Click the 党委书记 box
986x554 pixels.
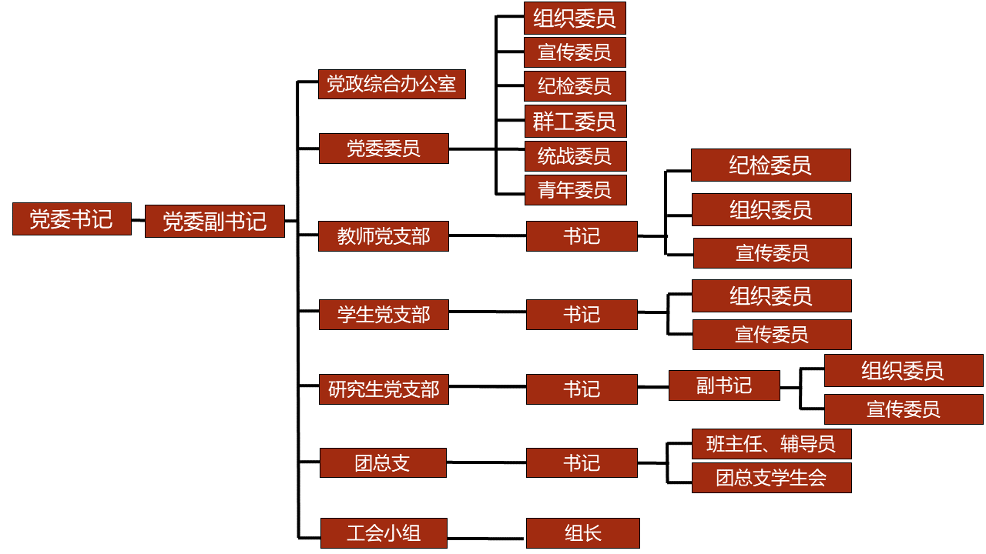pyautogui.click(x=72, y=219)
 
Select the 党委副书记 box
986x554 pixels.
pyautogui.click(x=215, y=222)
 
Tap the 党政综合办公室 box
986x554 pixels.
pyautogui.click(x=391, y=84)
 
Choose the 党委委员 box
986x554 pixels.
pyautogui.click(x=384, y=148)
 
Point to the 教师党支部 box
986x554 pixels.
pyautogui.click(x=384, y=236)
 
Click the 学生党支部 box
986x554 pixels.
pyautogui.click(x=384, y=315)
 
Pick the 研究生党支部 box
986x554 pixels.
pyautogui.click(x=384, y=389)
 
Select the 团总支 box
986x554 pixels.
pyautogui.click(x=383, y=463)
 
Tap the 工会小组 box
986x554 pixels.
pyautogui.click(x=384, y=532)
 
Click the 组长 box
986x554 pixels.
pyautogui.click(x=582, y=532)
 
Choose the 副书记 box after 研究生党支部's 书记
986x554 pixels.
pyautogui.click(x=724, y=385)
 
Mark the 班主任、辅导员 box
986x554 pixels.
pyautogui.click(x=771, y=444)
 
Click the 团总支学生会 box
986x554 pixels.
pyautogui.click(x=771, y=478)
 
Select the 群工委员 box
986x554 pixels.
pyautogui.click(x=575, y=122)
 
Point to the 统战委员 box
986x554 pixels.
pyautogui.click(x=575, y=156)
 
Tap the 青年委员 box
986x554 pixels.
pyautogui.click(x=575, y=190)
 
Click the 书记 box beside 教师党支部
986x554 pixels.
pyautogui.click(x=582, y=236)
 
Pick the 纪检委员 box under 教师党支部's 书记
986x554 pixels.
pyautogui.click(x=770, y=165)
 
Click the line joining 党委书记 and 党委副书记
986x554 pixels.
pyautogui.click(x=138, y=220)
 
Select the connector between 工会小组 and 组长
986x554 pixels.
pyautogui.click(x=486, y=537)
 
